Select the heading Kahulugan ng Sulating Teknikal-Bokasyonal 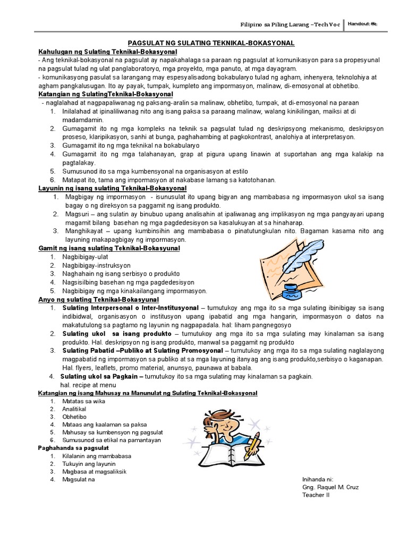pyautogui.click(x=108, y=52)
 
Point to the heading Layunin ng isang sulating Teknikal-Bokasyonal pyautogui.click(x=112, y=188)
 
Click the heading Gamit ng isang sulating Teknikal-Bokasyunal pyautogui.click(x=109, y=248)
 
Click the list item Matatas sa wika pyautogui.click(x=83, y=401)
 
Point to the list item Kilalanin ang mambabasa pyautogui.click(x=96, y=456)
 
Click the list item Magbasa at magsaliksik pyautogui.click(x=94, y=471)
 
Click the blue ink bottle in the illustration pyautogui.click(x=292, y=291)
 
